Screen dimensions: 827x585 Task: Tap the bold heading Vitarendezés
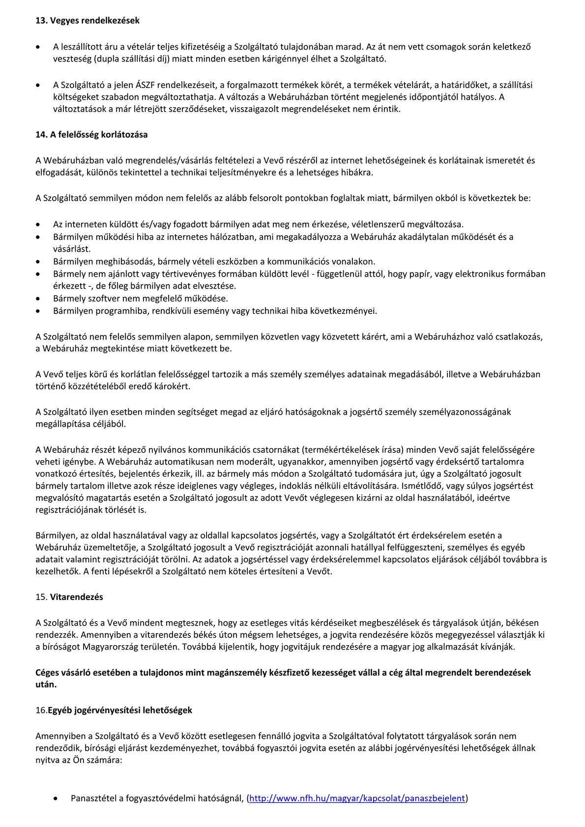click(x=77, y=597)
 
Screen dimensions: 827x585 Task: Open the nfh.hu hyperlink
click(x=357, y=798)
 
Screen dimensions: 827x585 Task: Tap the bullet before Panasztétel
click(x=57, y=798)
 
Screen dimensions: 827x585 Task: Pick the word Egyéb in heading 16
click(x=60, y=710)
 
